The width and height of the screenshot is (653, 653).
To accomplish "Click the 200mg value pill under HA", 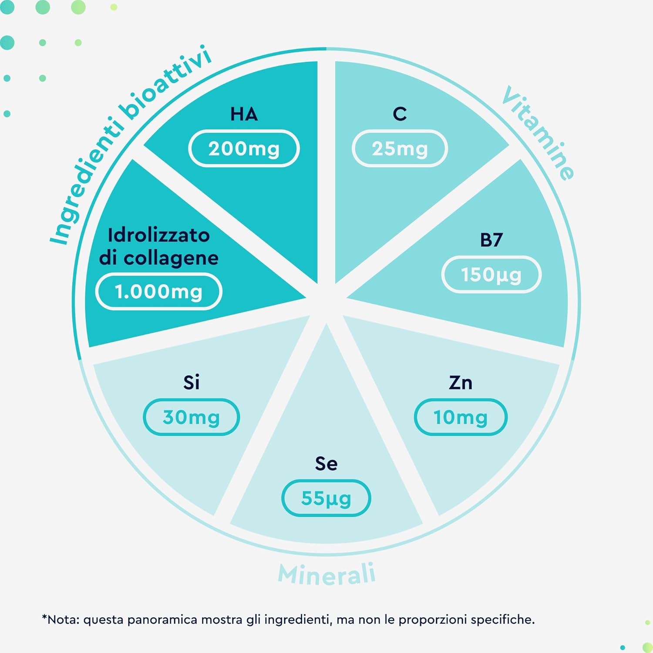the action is click(244, 148).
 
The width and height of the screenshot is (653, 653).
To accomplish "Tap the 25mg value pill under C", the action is click(400, 148).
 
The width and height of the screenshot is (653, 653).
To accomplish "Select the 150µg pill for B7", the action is click(491, 274).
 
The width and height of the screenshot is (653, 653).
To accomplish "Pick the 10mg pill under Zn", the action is click(461, 417).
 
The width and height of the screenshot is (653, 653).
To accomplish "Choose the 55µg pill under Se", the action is click(326, 498).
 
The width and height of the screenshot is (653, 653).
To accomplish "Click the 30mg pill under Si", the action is click(191, 417).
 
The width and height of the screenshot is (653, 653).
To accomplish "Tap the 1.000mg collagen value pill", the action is click(159, 291).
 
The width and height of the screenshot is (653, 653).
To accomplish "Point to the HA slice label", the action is click(244, 114).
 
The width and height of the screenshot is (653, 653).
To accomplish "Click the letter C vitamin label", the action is click(400, 114).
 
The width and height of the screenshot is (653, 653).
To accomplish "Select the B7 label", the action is click(491, 240).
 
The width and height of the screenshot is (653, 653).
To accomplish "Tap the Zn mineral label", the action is click(461, 383).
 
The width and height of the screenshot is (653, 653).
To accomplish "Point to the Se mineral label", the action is click(326, 464).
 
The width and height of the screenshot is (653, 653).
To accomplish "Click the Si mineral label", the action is click(191, 383).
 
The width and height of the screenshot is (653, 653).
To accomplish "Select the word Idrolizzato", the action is click(159, 235).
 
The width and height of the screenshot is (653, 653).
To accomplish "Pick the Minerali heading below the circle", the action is click(326, 574).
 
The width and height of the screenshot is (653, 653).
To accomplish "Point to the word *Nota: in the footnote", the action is click(61, 619).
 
